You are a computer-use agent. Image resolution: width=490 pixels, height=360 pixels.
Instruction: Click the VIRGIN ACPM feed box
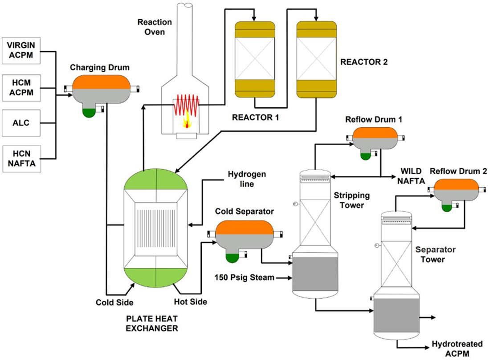point(21,50)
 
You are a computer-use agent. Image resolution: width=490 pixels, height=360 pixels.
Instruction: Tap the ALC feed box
point(21,122)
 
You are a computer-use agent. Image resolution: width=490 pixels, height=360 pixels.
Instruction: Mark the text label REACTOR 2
point(364,62)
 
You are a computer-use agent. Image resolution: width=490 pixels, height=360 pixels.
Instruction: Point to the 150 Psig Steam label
point(244,278)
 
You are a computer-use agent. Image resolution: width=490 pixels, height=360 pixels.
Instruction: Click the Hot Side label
point(190,302)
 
